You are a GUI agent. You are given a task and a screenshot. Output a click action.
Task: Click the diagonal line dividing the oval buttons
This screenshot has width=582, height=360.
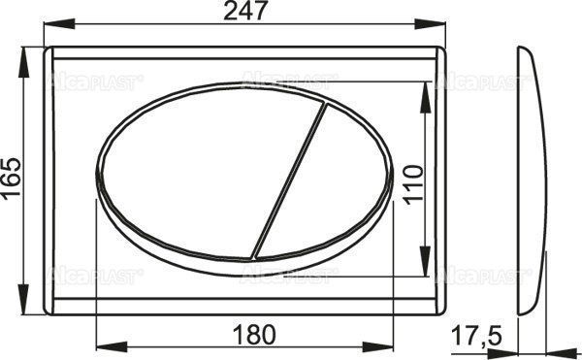tap(288, 175)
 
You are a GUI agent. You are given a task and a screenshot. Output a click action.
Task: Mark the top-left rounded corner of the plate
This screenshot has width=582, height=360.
tap(50, 51)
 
